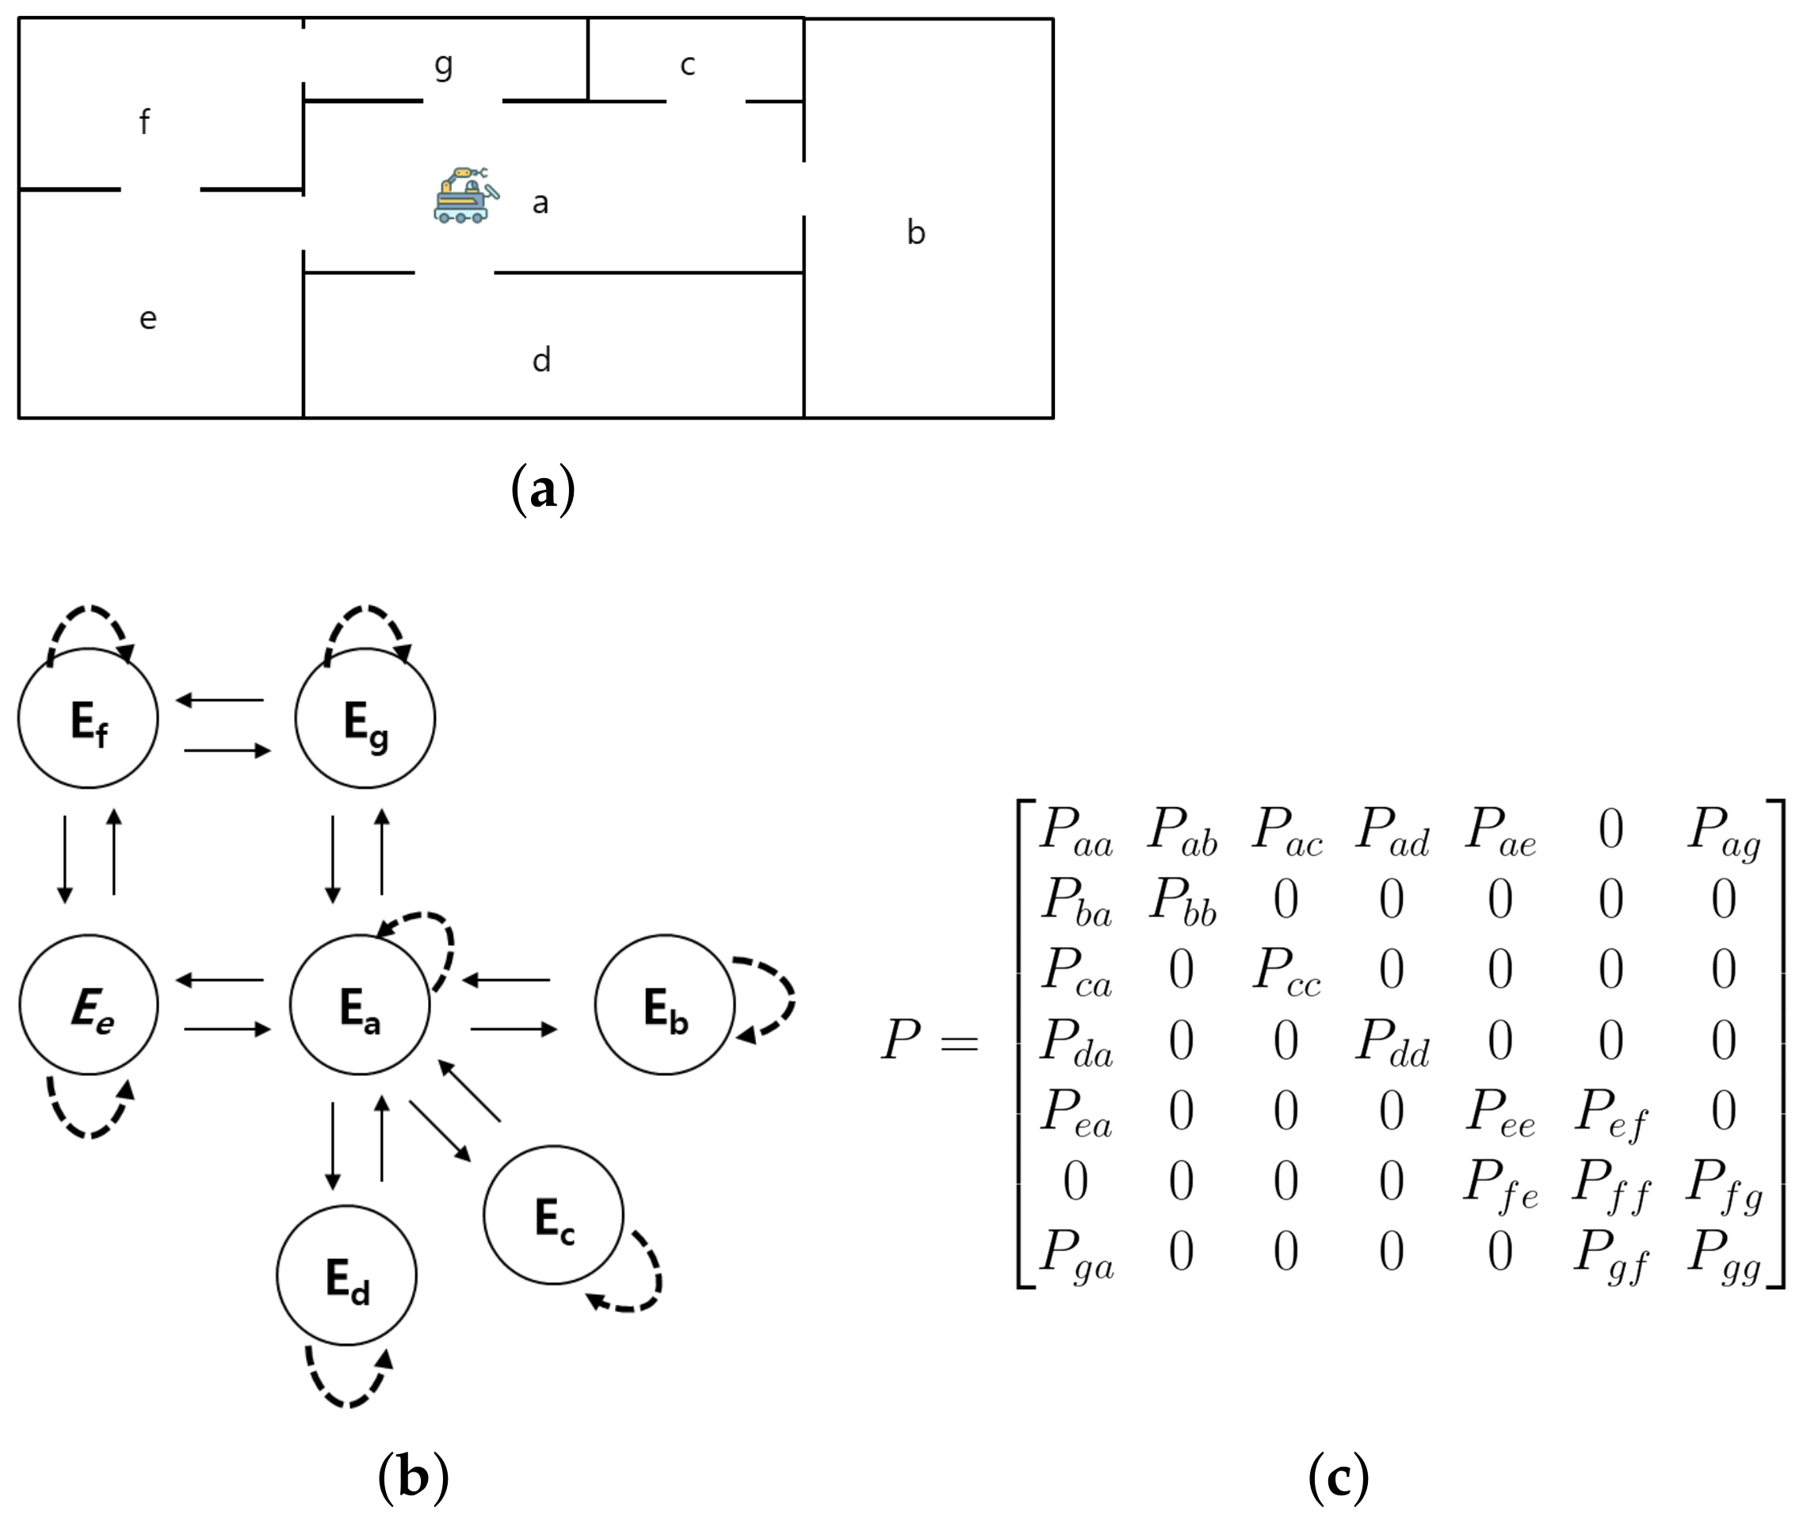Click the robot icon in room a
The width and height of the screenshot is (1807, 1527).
coord(465,196)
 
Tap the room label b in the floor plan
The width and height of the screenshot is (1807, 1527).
coord(915,232)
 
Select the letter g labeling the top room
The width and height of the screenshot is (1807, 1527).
coord(443,65)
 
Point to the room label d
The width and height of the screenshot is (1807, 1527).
coord(541,359)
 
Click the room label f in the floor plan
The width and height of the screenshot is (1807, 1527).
coord(144,121)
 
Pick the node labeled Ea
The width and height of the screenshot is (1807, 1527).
coord(359,1005)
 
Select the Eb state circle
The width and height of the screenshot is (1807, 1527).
coord(664,1005)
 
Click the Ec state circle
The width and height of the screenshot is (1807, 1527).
coord(553,1215)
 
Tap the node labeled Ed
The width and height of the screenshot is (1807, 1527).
coord(346,1275)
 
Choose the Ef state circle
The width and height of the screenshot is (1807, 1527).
coord(88,718)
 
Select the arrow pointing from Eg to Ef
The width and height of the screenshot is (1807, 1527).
coord(220,699)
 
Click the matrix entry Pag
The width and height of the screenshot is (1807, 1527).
coord(1723,832)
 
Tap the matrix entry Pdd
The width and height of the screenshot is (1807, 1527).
coord(1392,1041)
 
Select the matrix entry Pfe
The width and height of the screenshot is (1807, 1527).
coord(1499,1182)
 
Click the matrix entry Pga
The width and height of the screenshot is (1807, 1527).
coord(1075,1253)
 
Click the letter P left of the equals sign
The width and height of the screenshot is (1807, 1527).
coord(900,1039)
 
